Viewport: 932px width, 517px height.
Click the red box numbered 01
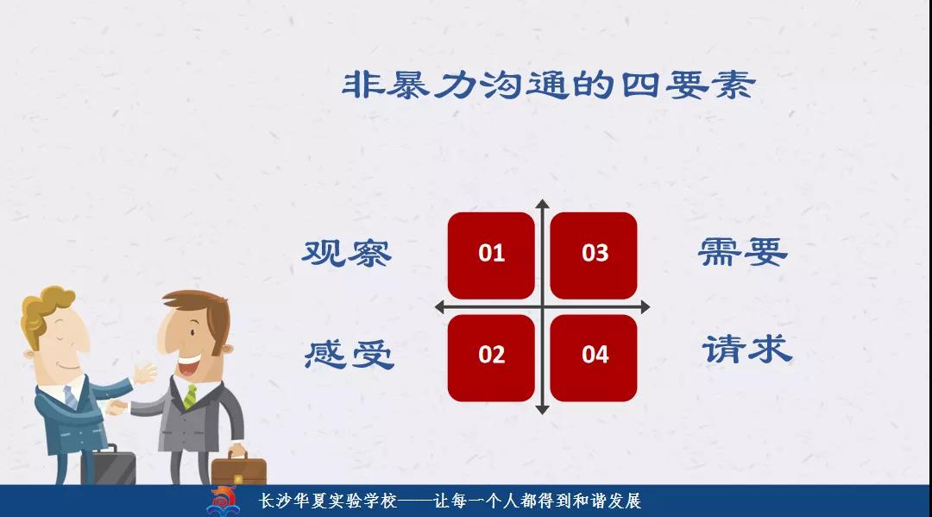pyautogui.click(x=491, y=255)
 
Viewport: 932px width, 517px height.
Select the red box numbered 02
pyautogui.click(x=491, y=357)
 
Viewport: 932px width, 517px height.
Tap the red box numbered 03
pyautogui.click(x=594, y=255)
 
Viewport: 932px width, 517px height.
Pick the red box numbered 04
pyautogui.click(x=594, y=357)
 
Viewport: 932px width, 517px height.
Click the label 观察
pyautogui.click(x=347, y=253)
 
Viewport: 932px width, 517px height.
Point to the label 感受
pyautogui.click(x=349, y=355)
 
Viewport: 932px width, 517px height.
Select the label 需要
pyautogui.click(x=743, y=251)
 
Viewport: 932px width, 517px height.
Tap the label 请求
pyautogui.click(x=747, y=349)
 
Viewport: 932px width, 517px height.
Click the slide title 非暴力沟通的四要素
pyautogui.click(x=549, y=85)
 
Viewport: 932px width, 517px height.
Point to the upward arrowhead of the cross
pyautogui.click(x=542, y=204)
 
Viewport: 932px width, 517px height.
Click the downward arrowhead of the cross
pyautogui.click(x=542, y=409)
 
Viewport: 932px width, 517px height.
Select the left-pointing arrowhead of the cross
pyautogui.click(x=440, y=307)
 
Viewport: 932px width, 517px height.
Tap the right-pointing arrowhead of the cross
pyautogui.click(x=645, y=307)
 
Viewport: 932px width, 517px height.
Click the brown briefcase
pyautogui.click(x=239, y=470)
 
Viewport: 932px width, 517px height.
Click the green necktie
pyautogui.click(x=190, y=396)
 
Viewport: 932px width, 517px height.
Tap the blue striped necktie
pyautogui.click(x=70, y=397)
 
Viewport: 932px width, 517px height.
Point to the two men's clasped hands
pyautogui.click(x=117, y=407)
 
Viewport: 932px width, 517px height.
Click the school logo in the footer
pyautogui.click(x=223, y=501)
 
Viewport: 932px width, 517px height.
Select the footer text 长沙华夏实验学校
pyautogui.click(x=328, y=501)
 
